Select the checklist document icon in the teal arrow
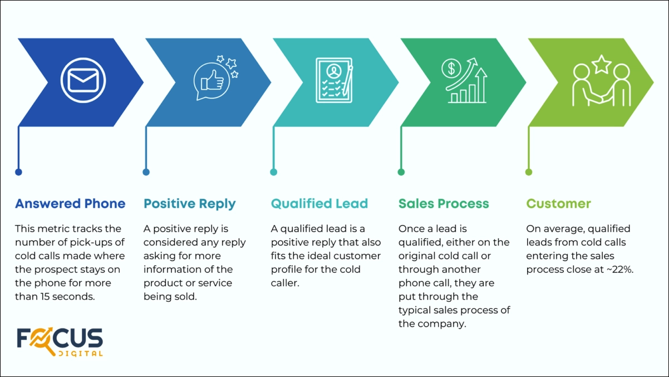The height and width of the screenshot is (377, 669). click(334, 80)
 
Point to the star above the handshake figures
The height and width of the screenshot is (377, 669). click(601, 65)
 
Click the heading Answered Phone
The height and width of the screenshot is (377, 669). click(70, 204)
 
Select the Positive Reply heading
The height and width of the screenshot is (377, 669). click(189, 204)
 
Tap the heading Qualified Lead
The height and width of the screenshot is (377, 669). click(319, 204)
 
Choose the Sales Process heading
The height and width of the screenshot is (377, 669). click(444, 204)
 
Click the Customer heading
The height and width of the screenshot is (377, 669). click(559, 204)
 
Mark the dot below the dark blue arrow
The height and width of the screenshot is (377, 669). click(18, 172)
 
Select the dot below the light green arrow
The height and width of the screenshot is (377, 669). click(529, 172)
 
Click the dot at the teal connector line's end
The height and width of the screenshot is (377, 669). click(273, 172)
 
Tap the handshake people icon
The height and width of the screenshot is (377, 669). click(602, 86)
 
